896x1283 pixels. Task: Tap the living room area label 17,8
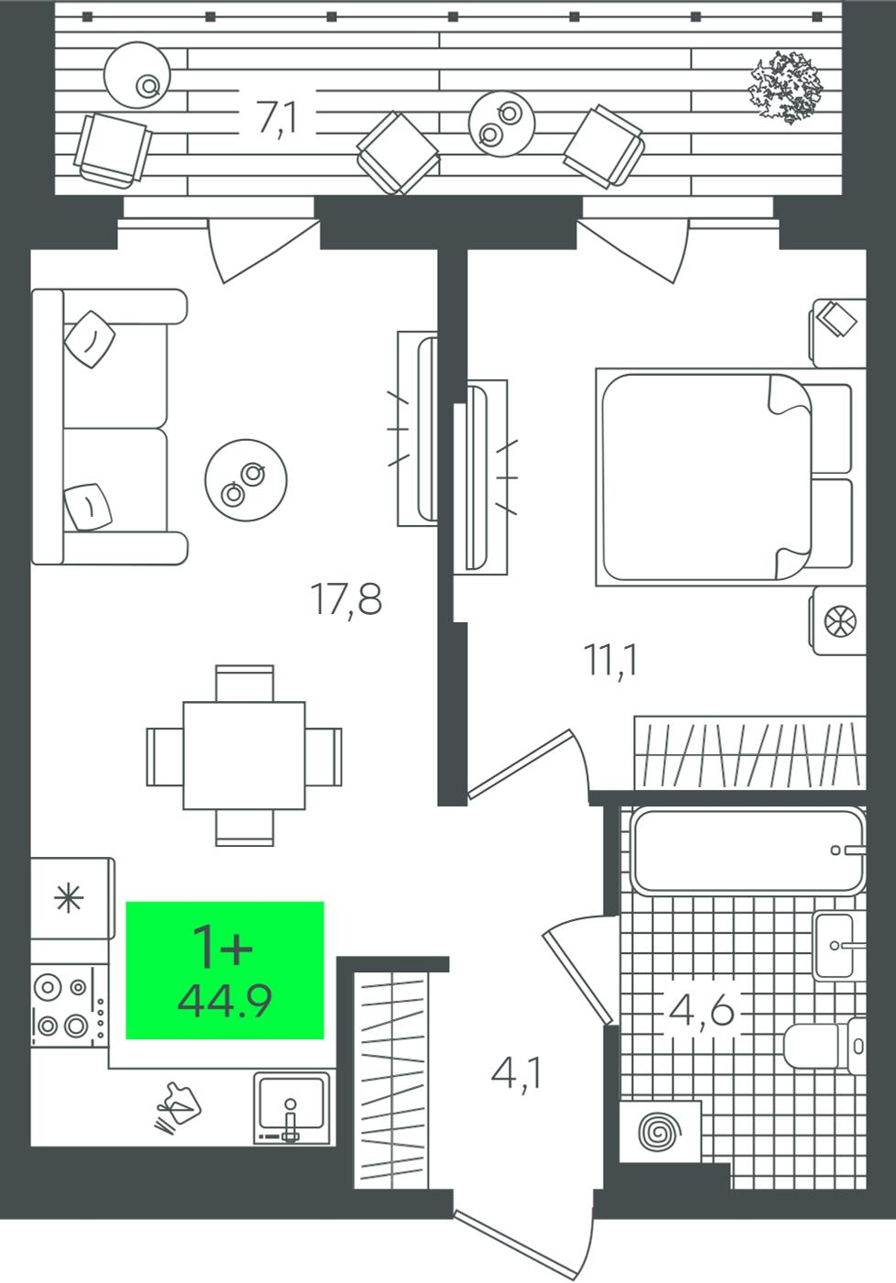click(345, 599)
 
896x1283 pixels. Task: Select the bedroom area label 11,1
click(610, 660)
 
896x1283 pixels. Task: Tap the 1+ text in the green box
click(223, 948)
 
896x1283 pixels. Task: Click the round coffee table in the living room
click(246, 480)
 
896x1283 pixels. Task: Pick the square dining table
click(244, 755)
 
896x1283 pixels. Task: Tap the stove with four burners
click(70, 1006)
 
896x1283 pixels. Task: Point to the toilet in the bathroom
click(825, 1046)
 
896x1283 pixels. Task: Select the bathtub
click(748, 850)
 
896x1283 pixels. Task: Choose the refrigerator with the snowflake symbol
click(72, 898)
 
